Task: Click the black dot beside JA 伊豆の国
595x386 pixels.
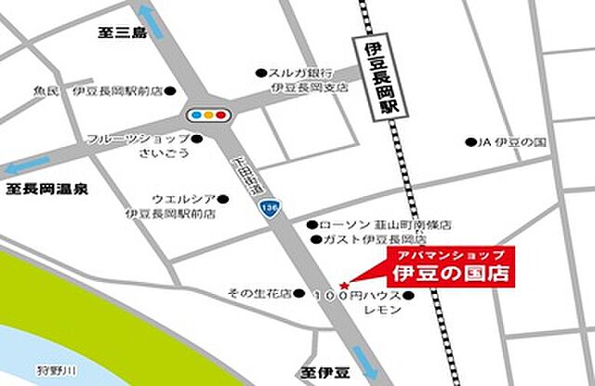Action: click(x=469, y=142)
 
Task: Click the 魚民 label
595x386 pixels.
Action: click(x=46, y=91)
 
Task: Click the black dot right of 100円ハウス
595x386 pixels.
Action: click(x=407, y=295)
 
